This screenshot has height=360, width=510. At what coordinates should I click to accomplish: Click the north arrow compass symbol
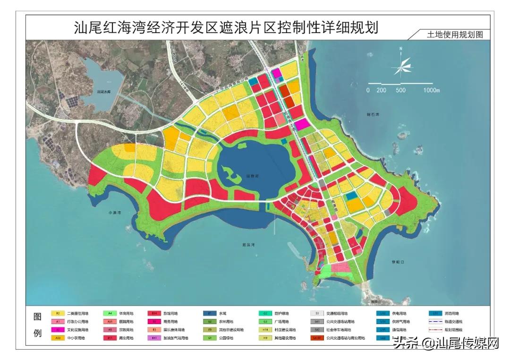(401, 65)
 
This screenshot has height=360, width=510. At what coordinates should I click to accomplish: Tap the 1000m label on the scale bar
(432, 90)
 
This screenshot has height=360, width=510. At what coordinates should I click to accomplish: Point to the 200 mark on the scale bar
(381, 90)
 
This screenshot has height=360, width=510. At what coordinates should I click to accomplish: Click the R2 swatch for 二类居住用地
(58, 313)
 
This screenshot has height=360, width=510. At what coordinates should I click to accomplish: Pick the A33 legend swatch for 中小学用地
(58, 338)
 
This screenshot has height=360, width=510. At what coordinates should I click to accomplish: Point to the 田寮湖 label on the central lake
(253, 176)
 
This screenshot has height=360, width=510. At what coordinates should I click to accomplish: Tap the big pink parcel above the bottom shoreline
(339, 268)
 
